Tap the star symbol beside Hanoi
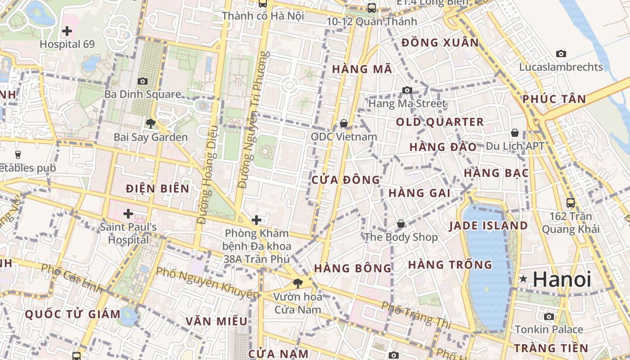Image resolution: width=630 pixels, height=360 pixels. pos(523,279)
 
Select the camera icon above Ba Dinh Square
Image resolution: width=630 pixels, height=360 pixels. pos(142,81)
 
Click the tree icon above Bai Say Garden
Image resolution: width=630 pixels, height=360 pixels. pos(150,123)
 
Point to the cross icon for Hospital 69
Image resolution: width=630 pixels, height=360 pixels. pos(67,31)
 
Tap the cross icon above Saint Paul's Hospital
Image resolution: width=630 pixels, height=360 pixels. pos(128,213)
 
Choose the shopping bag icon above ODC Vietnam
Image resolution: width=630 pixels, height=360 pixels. pos(344,123)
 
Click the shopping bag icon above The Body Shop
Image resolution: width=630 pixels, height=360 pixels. pos(400,224)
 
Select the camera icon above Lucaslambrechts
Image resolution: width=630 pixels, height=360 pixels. pos(561,54)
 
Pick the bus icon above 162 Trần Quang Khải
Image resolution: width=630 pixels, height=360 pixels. pos(570,202)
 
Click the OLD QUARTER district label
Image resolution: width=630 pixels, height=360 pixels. pos(440,122)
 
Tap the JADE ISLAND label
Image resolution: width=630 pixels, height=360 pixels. pos(488,225)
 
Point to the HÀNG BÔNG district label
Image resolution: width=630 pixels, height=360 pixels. pos(353,268)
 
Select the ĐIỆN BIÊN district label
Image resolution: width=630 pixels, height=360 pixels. pos(157,189)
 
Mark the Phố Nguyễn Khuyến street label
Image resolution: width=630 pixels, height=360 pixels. pos(207,283)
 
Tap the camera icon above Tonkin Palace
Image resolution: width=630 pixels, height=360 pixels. pos(549,316)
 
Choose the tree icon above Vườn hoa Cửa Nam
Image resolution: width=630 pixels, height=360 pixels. pos(297,283)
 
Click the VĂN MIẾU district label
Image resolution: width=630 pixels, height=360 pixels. pos(216,321)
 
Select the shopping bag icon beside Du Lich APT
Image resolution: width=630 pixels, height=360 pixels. pos(514,133)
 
